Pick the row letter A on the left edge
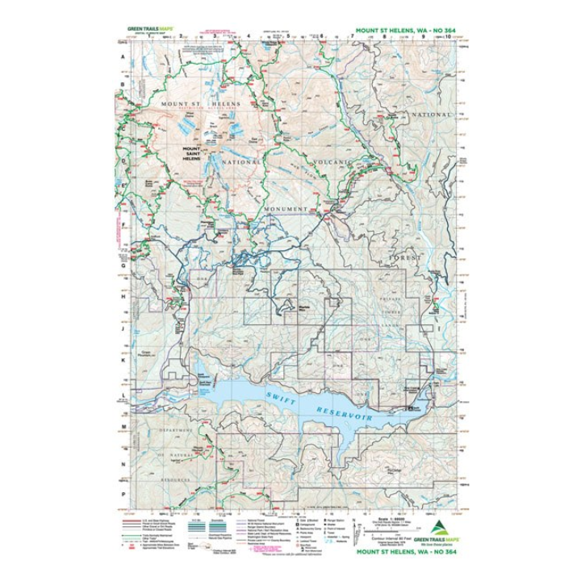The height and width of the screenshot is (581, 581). (123, 58)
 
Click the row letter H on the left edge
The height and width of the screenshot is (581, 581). (123, 296)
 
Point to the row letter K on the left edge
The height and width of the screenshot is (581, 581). (123, 361)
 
